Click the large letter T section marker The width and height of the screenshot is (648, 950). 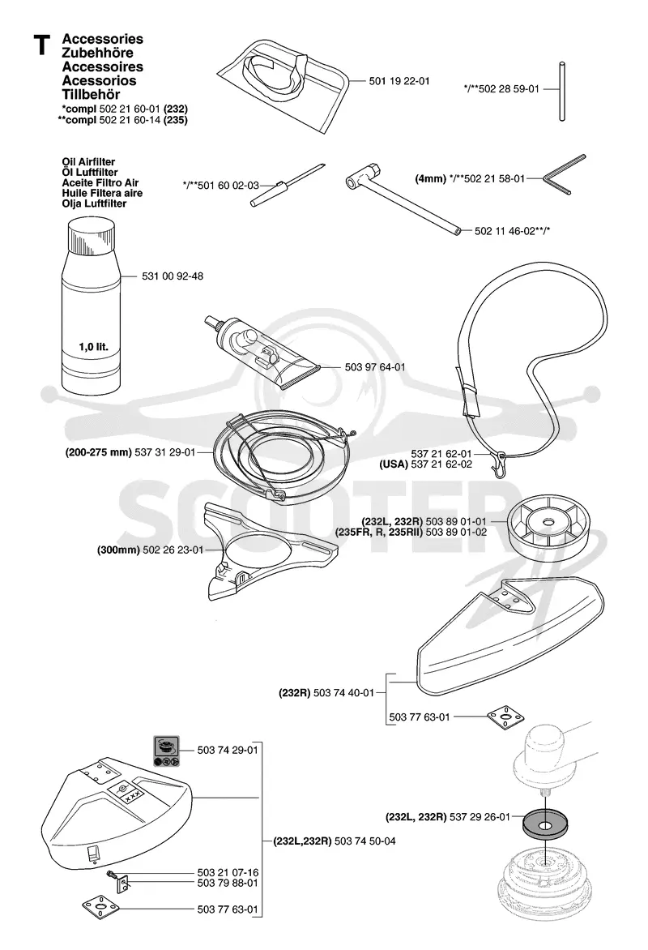[42, 45]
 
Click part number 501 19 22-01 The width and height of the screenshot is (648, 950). [399, 81]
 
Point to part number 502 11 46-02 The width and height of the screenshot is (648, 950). [505, 231]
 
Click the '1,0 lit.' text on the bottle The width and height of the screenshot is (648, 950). [93, 347]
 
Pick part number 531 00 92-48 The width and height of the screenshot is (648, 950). [173, 276]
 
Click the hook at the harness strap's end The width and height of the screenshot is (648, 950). [498, 464]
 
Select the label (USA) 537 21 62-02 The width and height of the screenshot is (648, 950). [426, 464]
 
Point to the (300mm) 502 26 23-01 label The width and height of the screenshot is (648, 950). [150, 550]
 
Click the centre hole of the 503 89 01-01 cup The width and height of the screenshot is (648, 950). [548, 522]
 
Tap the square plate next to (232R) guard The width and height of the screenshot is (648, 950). [505, 717]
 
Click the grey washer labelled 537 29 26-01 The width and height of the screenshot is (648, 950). [548, 824]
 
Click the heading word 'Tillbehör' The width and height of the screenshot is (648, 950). [91, 95]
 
